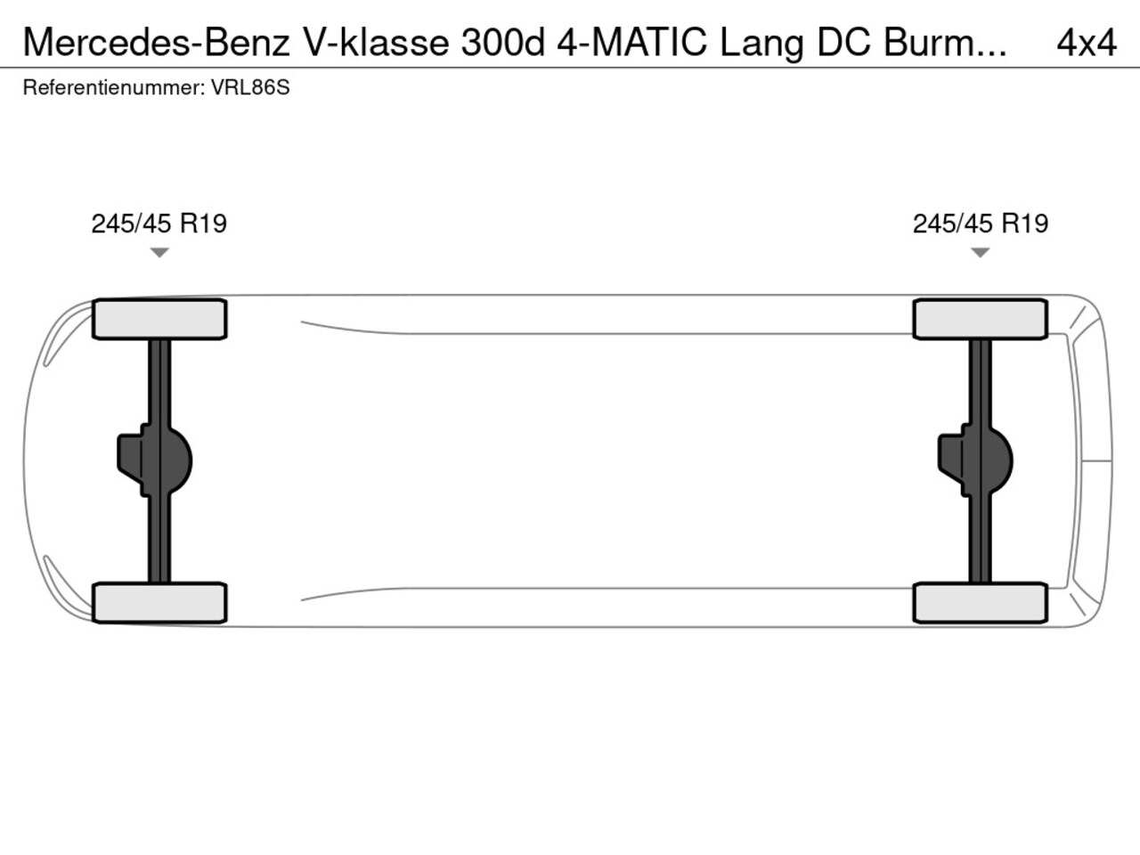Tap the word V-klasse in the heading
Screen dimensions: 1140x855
pos(377,43)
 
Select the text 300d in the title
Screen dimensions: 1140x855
pos(503,43)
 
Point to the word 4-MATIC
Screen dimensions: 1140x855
pos(631,43)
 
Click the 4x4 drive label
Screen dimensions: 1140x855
pos(1087,43)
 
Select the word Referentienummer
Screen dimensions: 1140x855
pos(114,88)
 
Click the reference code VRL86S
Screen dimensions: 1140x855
pos(250,88)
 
